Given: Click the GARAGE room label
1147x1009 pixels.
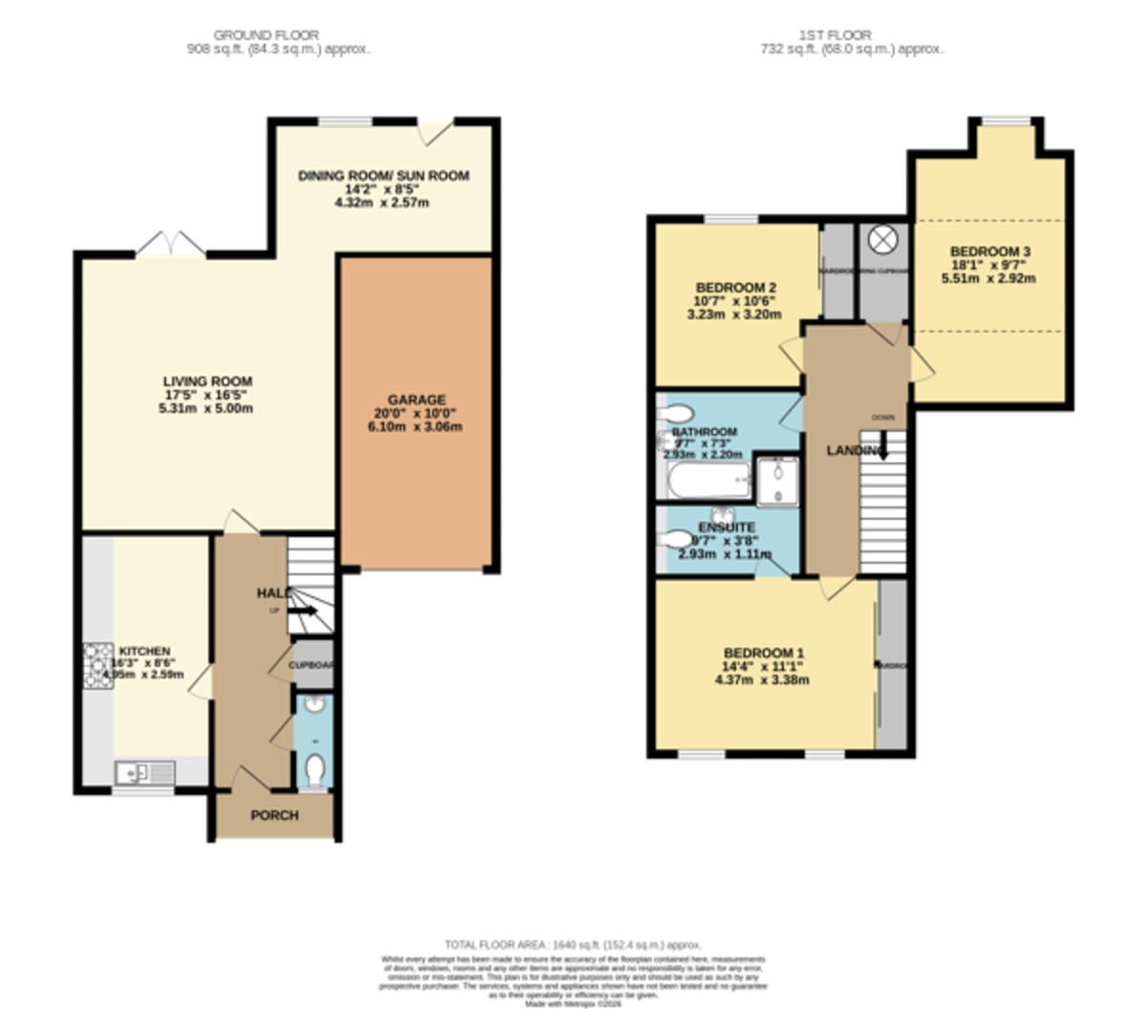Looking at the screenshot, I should click(416, 399).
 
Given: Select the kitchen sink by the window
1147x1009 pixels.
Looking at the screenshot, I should click(144, 772).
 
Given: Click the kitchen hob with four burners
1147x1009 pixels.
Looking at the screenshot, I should click(97, 665).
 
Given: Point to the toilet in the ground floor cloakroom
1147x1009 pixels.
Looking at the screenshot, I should click(314, 767).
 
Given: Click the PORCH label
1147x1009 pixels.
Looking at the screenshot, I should click(274, 815).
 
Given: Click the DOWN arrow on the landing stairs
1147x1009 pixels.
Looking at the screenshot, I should click(882, 445).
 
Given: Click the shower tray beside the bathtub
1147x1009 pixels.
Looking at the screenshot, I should click(777, 479).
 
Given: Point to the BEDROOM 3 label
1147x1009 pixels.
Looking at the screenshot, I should click(989, 251).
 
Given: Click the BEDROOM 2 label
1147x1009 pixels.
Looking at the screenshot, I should click(735, 288).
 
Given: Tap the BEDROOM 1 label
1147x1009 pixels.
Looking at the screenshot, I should click(762, 653).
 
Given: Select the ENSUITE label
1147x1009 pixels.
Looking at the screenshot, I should click(726, 527).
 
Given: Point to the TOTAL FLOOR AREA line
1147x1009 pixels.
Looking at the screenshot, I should click(573, 944).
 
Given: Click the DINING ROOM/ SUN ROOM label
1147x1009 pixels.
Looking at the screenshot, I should click(383, 176).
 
